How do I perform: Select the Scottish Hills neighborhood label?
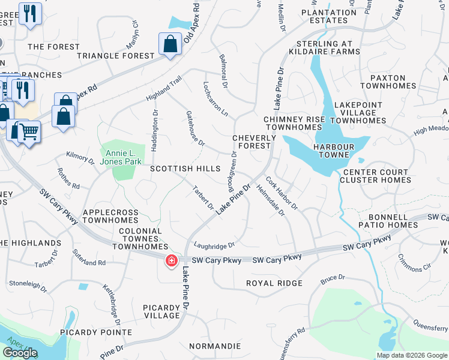click(185, 169)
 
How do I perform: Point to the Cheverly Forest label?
click(254, 142)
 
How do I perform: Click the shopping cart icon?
click(29, 131)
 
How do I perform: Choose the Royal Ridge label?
click(274, 283)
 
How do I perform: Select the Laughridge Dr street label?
click(214, 245)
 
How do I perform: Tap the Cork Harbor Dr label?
click(282, 191)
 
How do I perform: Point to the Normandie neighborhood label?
click(215, 346)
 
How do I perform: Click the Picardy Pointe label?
click(95, 332)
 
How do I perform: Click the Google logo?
click(20, 353)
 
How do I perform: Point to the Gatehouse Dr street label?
click(196, 128)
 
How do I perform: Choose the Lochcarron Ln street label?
click(216, 99)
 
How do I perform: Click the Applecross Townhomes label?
click(110, 216)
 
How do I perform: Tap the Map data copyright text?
click(412, 355)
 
